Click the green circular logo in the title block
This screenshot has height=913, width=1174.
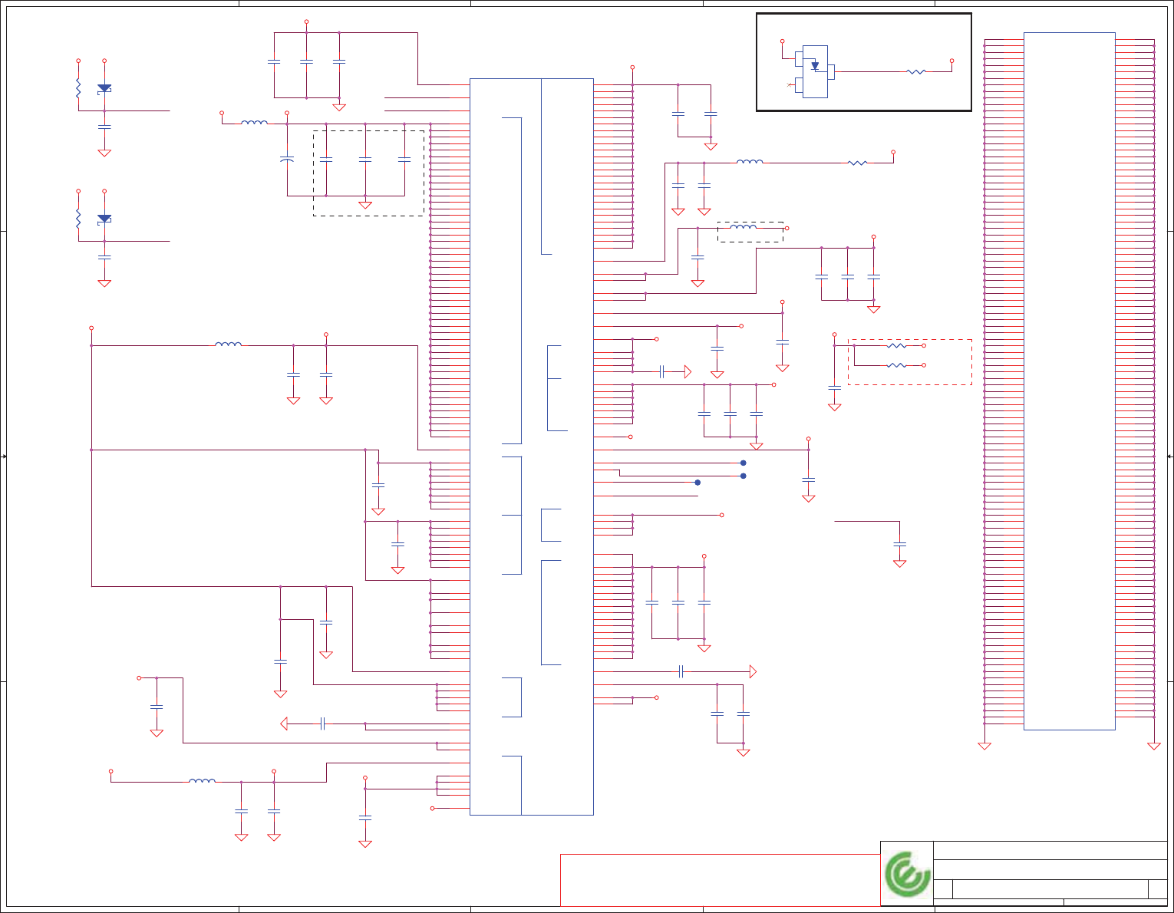(x=907, y=874)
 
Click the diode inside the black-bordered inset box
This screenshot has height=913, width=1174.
(x=815, y=67)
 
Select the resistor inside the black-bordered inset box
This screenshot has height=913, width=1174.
(x=916, y=71)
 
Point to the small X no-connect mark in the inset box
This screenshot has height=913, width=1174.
(x=790, y=84)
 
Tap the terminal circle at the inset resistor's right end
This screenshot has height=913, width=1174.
(x=951, y=61)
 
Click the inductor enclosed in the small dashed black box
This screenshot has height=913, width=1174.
(x=743, y=228)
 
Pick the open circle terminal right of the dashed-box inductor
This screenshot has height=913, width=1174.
(x=787, y=229)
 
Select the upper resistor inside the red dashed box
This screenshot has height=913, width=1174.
(x=896, y=346)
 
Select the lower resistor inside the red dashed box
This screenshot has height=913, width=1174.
(x=896, y=365)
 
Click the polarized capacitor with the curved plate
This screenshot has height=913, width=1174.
(x=287, y=160)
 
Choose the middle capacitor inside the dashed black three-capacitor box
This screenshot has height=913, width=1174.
(x=365, y=160)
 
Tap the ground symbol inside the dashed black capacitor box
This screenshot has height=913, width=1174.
(x=365, y=205)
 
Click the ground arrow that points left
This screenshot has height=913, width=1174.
(x=284, y=723)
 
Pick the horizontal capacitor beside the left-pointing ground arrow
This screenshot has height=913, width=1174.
(x=323, y=723)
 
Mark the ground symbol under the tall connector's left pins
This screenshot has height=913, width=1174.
(x=984, y=746)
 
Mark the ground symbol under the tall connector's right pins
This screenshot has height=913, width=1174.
(x=1153, y=746)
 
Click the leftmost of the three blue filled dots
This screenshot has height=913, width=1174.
(x=697, y=483)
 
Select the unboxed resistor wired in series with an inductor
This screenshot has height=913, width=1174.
(x=857, y=163)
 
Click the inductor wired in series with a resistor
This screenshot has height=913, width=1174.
(x=750, y=162)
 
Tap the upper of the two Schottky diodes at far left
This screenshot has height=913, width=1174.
(x=104, y=88)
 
